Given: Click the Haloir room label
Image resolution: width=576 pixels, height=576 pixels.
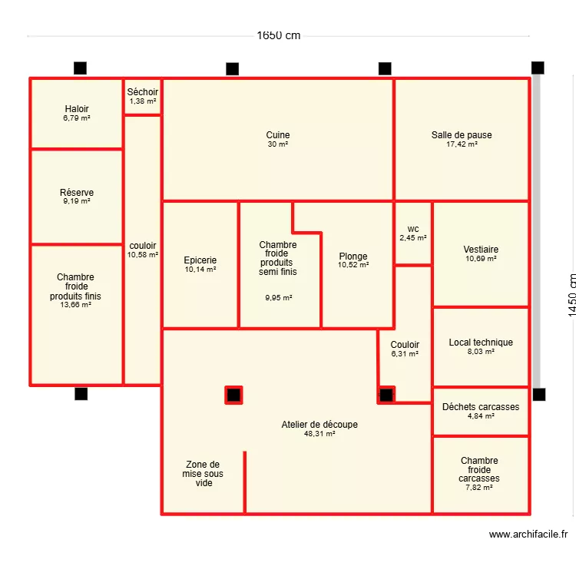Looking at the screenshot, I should point(77,109).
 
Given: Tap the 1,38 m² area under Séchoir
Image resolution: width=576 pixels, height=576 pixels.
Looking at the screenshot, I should point(143,101).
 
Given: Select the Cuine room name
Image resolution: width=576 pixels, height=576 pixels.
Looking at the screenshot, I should point(278,135).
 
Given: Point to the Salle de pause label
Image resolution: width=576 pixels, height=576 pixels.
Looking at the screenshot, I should point(462,135).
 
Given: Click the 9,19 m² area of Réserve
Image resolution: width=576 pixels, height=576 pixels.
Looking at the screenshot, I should point(77,201).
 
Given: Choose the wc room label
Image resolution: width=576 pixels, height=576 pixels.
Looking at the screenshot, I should point(413,229).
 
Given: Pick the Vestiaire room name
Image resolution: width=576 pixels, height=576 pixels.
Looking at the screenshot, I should point(481,250).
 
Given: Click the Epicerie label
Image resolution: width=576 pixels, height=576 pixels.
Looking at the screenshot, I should point(200,260).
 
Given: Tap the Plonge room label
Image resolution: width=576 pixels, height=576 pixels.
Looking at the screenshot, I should point(353,257).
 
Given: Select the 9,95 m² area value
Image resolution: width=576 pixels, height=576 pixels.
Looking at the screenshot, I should point(278,298).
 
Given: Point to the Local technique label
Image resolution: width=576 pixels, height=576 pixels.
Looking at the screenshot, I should point(481,343).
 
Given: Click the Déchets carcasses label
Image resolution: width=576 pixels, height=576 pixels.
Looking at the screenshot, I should point(481,407).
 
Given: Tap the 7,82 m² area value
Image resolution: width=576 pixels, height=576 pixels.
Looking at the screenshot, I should point(480,487).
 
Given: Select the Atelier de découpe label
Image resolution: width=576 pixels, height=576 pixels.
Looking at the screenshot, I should point(319,425).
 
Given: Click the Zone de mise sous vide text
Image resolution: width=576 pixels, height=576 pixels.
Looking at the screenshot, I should point(203,474).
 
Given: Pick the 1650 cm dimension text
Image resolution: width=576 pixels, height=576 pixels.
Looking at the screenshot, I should point(278,35).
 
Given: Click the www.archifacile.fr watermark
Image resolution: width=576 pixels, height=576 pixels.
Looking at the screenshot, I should point(528,535).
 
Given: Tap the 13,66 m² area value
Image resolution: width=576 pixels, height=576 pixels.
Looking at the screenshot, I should point(76,305).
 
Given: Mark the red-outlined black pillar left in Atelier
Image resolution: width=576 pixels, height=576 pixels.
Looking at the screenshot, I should point(233,396).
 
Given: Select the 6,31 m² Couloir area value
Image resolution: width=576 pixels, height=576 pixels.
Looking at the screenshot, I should point(405,354).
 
